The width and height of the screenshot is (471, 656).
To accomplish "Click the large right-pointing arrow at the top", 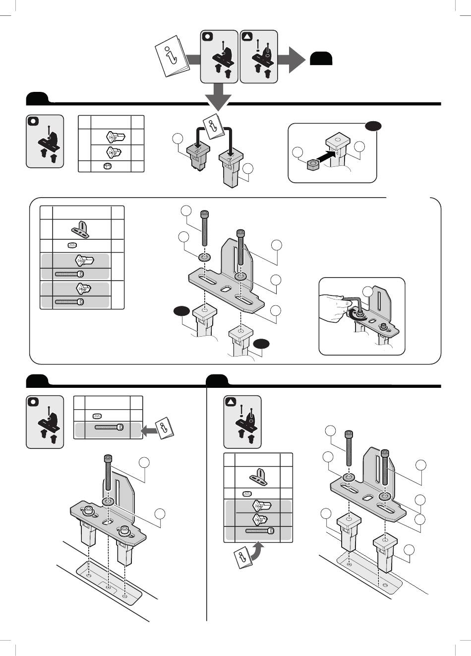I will [293, 60].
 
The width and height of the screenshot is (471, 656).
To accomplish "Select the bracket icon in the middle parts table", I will [82, 228].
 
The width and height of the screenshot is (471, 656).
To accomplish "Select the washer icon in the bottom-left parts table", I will [97, 416].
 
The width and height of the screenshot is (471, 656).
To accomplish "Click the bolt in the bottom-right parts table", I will [259, 531].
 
